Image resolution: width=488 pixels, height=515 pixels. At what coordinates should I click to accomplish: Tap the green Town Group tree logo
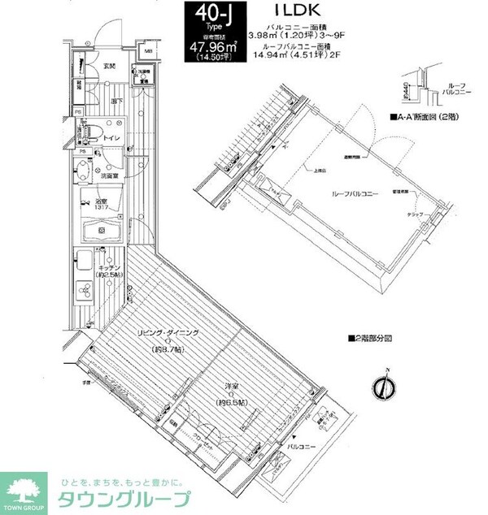24,486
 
